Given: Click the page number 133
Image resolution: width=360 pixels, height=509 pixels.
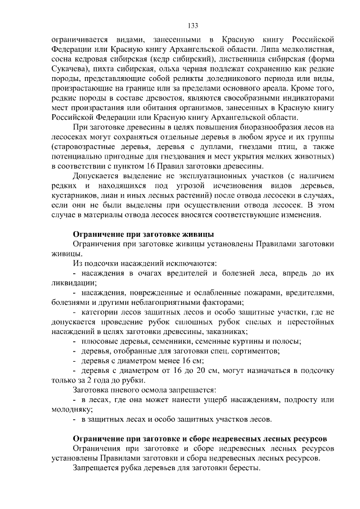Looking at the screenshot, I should point(192,25).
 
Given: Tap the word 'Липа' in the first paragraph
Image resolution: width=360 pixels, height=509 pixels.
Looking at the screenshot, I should point(254,51).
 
